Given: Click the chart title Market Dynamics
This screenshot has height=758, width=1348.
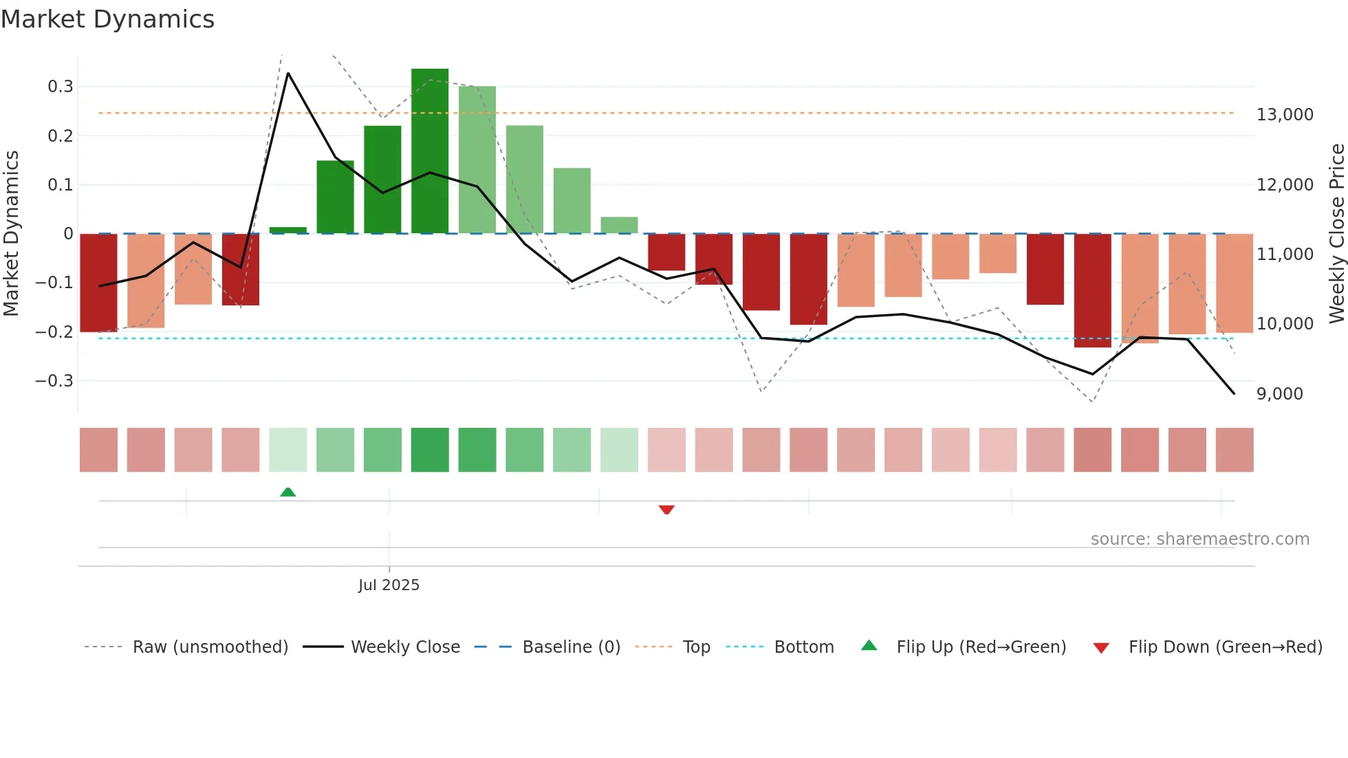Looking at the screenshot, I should click(107, 19).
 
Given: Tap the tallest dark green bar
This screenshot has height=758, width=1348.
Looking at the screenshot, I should click(430, 151).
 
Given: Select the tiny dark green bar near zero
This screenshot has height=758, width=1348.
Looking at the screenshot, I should click(288, 230).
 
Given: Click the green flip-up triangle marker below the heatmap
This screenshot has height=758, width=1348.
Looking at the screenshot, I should click(288, 492).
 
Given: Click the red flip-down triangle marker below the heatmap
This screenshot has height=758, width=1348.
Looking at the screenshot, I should click(666, 510).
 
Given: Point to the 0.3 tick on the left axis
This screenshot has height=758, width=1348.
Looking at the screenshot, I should click(61, 87).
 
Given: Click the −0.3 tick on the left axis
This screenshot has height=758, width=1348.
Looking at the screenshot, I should click(54, 381).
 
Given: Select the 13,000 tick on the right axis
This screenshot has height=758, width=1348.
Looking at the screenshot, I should click(1285, 115).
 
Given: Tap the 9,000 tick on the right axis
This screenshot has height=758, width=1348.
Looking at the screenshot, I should click(1279, 394).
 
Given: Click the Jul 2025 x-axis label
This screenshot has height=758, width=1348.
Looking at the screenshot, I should click(389, 585).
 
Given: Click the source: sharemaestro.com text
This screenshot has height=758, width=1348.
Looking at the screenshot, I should click(1199, 539).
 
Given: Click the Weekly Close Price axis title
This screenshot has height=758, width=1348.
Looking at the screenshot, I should click(1336, 233).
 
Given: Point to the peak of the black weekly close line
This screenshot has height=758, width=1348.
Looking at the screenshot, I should click(288, 73).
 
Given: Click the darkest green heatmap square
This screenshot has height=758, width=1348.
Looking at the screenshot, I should click(430, 450).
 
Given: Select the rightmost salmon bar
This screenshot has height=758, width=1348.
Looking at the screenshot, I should click(1235, 283).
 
